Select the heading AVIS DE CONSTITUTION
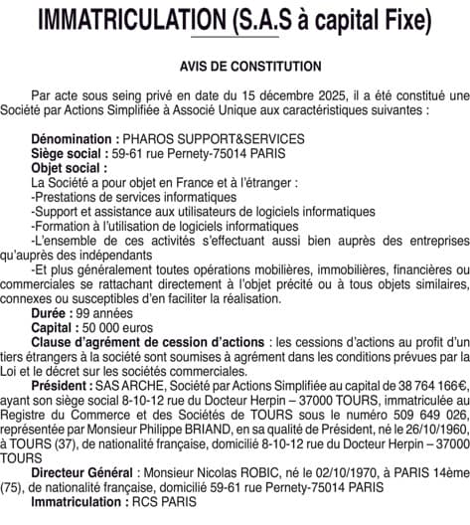[x=250, y=67]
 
